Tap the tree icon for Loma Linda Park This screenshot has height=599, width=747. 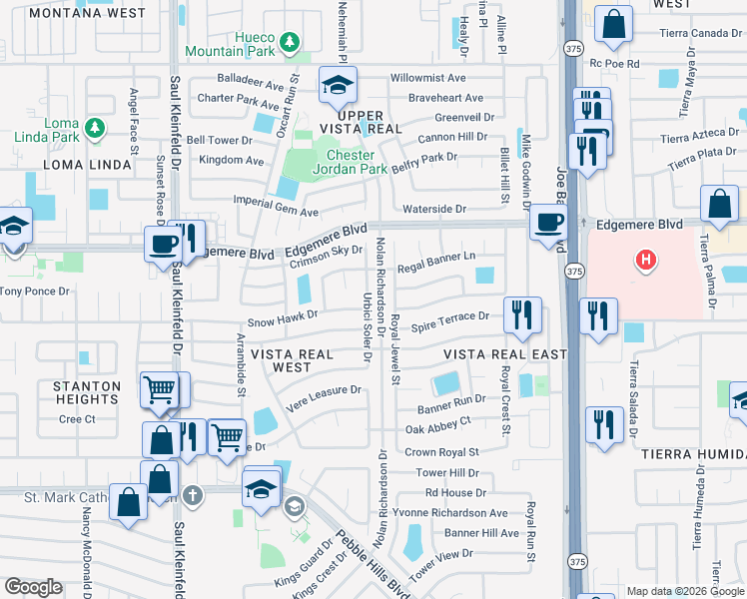point(95,128)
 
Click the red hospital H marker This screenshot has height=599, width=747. point(647,261)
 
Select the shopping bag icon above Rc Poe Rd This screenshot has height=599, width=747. point(613,23)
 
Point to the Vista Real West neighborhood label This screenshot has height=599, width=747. point(294,360)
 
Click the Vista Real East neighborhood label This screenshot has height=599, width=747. point(504,354)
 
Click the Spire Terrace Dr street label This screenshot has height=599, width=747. point(450,316)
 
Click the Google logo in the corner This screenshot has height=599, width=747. point(33,587)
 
